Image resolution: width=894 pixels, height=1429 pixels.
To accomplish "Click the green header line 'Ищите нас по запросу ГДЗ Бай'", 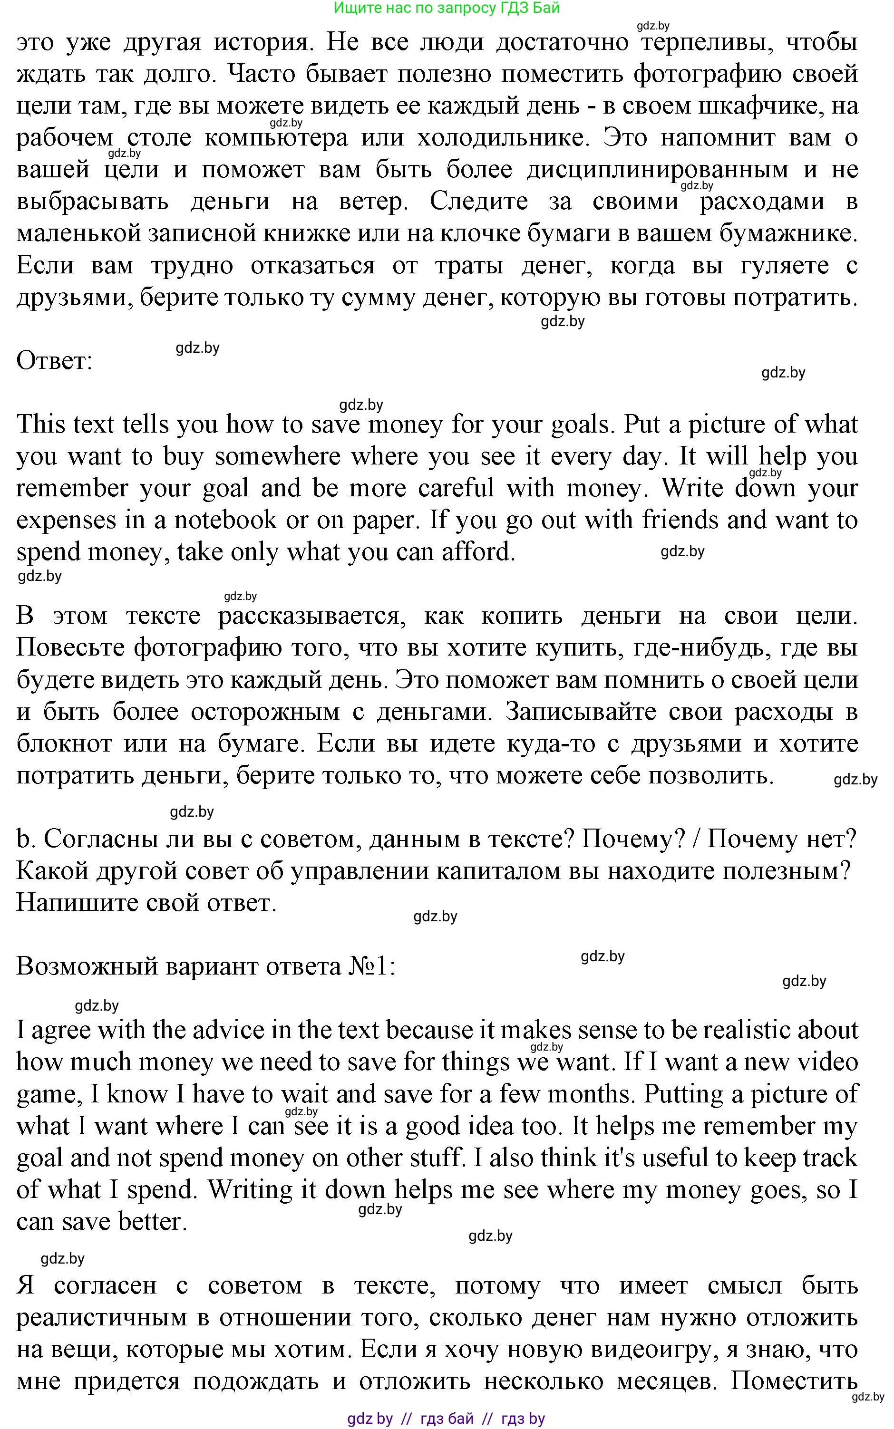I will [x=447, y=8].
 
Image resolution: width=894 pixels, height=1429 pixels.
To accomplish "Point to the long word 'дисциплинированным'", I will [x=658, y=170].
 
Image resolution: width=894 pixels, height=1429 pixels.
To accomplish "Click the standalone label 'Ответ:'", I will [x=54, y=360].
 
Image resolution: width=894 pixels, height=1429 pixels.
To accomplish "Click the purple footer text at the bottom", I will [x=447, y=1419].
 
